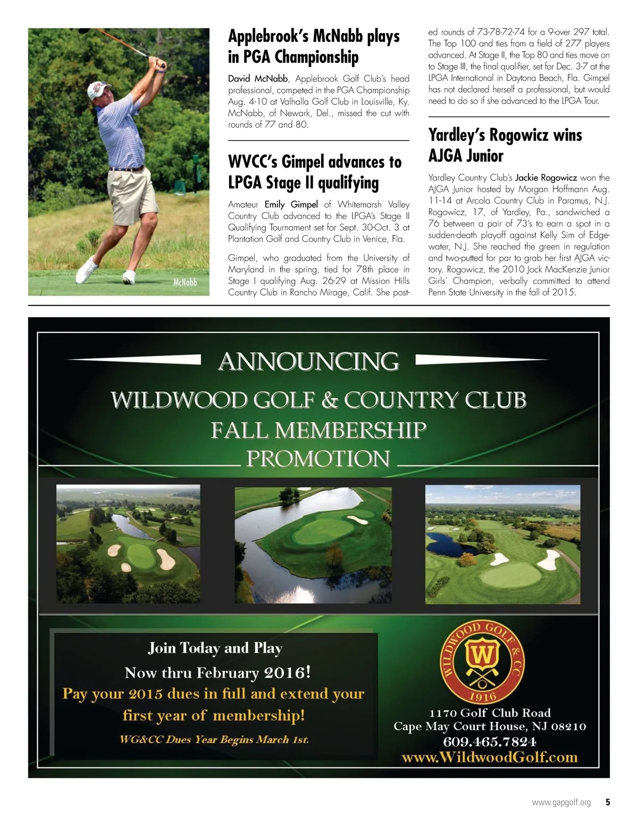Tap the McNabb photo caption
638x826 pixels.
tap(184, 282)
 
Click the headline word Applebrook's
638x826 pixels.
tap(268, 37)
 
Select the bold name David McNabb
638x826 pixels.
tap(258, 79)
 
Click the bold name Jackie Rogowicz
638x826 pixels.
tap(546, 178)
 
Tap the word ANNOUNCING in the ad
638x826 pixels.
tap(308, 362)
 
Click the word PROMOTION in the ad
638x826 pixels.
tap(318, 458)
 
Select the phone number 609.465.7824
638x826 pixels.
tap(489, 741)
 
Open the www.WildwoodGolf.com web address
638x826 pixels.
tap(489, 757)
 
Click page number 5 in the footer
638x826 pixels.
tap(607, 803)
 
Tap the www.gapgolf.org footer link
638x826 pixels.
tap(561, 803)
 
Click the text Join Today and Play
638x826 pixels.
tap(215, 648)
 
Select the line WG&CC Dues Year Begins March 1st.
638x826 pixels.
tap(214, 740)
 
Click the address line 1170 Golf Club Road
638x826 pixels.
tap(490, 713)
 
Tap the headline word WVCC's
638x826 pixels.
tap(253, 162)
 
